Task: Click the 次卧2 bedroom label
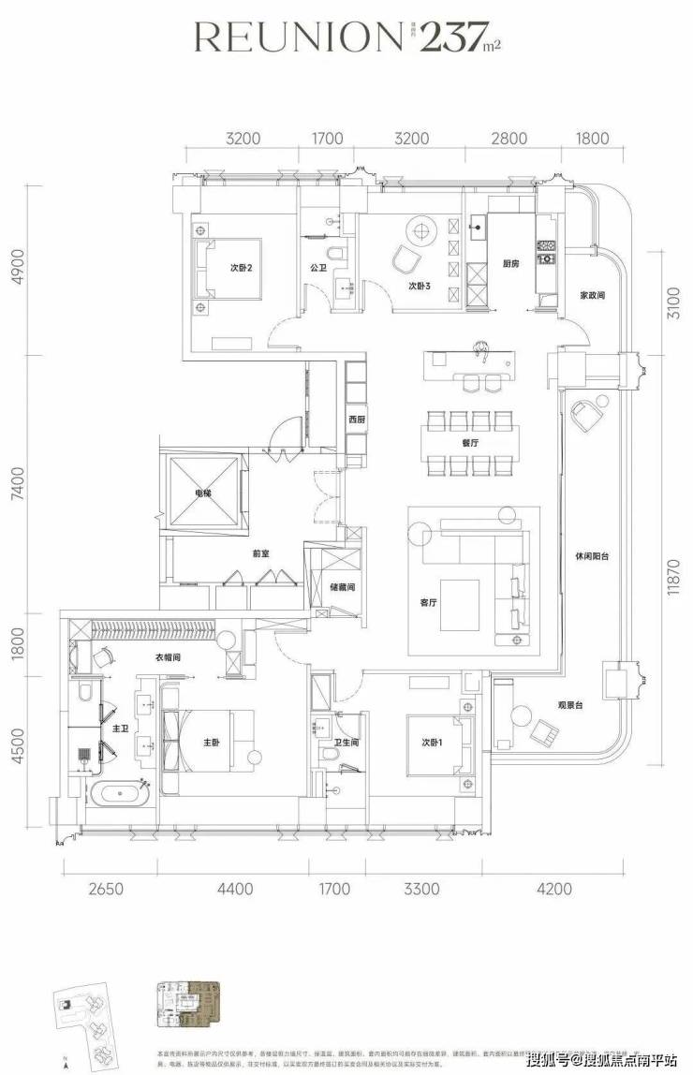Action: click(x=243, y=267)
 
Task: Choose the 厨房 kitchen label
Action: click(x=510, y=265)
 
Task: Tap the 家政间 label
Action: click(x=592, y=295)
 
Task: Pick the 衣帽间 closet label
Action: click(x=168, y=658)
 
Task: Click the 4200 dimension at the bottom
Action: click(x=552, y=890)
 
